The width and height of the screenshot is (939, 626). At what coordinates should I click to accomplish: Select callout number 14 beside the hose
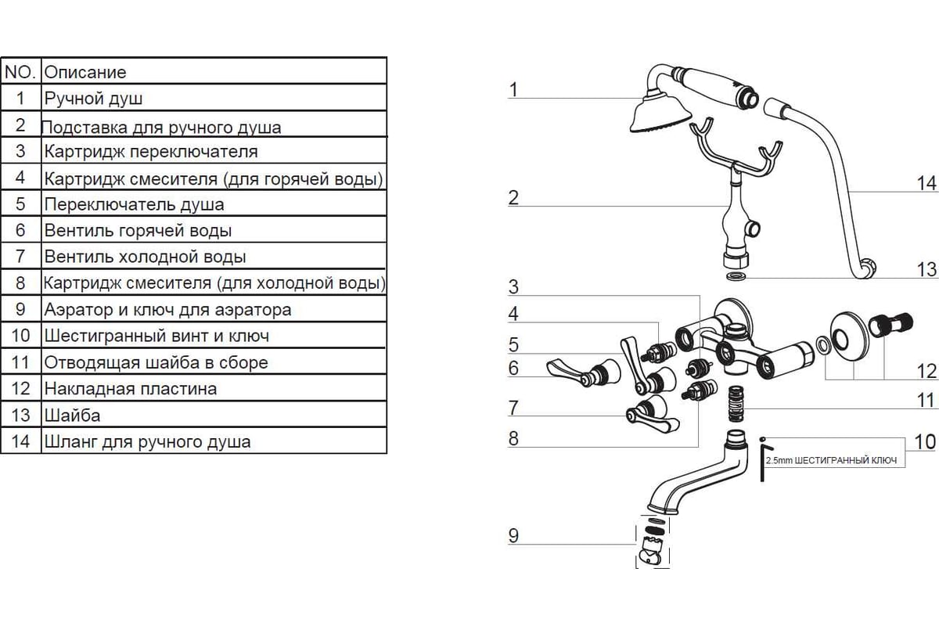click(x=926, y=183)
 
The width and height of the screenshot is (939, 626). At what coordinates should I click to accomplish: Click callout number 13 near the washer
click(x=926, y=269)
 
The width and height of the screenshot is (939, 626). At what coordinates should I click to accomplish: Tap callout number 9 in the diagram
click(x=513, y=536)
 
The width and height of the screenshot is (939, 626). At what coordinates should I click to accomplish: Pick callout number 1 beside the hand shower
click(x=513, y=90)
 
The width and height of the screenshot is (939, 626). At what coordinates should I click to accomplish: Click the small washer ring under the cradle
click(x=736, y=277)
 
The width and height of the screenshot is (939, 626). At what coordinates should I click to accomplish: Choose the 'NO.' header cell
click(x=20, y=72)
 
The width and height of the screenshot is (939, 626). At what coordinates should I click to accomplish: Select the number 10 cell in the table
click(x=20, y=336)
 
